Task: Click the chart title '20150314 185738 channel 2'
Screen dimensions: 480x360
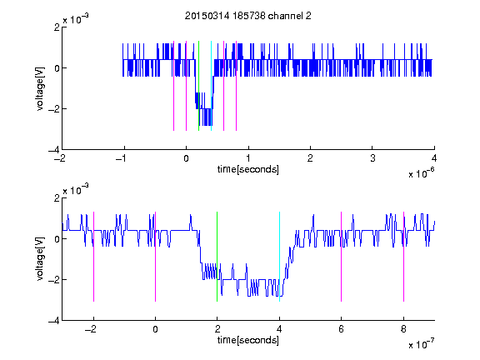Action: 248,16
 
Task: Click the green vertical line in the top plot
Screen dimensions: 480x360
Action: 198,86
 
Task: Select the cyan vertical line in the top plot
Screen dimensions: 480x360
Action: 211,86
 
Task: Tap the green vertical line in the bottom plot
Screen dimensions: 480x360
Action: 217,257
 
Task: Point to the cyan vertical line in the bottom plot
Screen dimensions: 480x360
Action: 279,257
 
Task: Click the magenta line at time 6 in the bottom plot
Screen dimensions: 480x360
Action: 342,257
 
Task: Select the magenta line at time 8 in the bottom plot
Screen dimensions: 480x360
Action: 404,257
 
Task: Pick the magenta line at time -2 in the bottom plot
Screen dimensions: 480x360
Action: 93,257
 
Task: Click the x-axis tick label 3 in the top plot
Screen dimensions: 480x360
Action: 372,158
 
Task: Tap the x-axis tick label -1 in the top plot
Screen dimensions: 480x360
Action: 122,158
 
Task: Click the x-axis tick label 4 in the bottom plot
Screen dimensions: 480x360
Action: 279,329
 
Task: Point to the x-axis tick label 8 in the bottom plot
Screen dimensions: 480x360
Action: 403,329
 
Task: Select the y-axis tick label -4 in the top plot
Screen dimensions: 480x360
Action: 54,150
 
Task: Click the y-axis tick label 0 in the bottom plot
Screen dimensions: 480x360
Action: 57,239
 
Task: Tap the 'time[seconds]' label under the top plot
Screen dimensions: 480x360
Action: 248,169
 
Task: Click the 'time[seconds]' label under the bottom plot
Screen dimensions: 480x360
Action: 248,340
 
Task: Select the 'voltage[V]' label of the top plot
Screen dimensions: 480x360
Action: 40,89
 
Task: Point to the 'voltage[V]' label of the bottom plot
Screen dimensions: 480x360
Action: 40,259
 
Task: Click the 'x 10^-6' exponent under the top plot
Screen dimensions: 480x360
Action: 421,172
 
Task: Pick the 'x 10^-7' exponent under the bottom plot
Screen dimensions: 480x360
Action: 421,343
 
